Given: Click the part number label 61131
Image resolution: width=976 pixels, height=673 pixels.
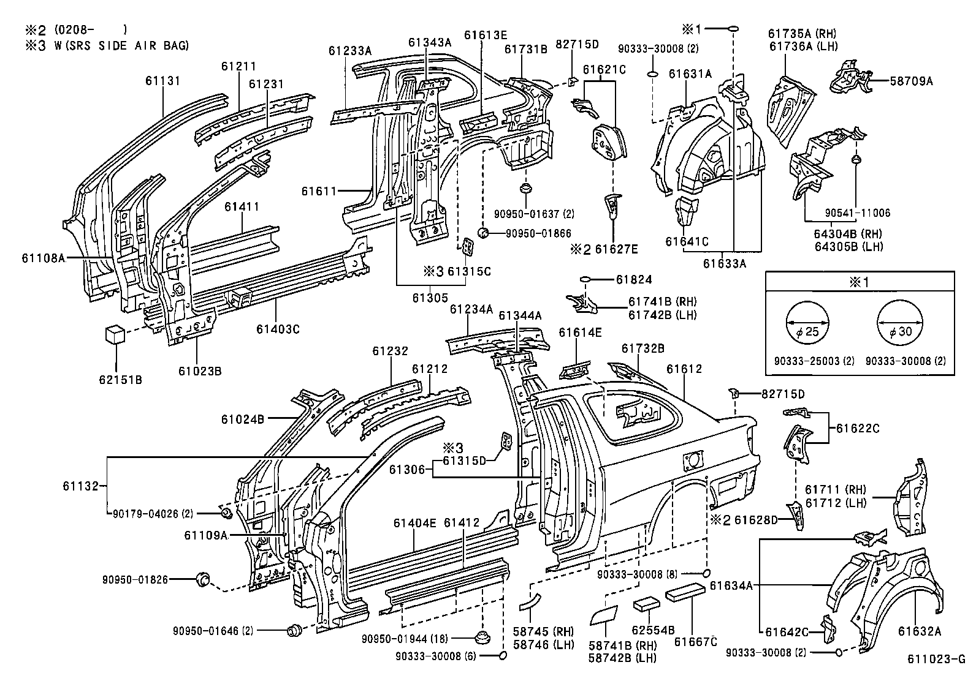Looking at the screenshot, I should click(x=163, y=80).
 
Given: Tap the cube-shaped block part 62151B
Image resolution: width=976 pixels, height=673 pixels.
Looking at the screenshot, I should click(x=115, y=335).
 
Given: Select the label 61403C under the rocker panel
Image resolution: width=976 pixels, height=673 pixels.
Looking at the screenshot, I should click(x=278, y=329).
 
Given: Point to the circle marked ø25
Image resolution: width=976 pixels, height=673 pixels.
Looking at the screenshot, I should click(x=807, y=323).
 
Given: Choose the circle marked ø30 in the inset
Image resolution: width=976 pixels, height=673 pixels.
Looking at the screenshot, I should click(x=900, y=323).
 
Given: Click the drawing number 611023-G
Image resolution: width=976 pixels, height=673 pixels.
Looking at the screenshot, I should click(x=937, y=660).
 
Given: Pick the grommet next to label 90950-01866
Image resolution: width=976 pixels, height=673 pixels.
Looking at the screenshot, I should click(x=482, y=233).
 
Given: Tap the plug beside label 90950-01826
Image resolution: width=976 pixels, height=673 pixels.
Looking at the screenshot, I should click(x=202, y=579).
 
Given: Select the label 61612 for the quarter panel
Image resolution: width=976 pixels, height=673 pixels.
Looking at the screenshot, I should click(x=684, y=369).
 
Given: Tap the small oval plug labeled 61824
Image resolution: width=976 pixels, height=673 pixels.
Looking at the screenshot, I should click(x=585, y=280).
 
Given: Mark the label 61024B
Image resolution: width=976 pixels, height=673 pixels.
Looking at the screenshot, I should click(x=243, y=419).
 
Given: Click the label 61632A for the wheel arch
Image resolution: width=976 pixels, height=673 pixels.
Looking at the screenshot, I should click(x=920, y=631).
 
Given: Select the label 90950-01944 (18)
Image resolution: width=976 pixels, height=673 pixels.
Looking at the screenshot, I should click(x=405, y=639).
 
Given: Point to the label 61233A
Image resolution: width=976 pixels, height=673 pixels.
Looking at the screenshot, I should click(x=349, y=51).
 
